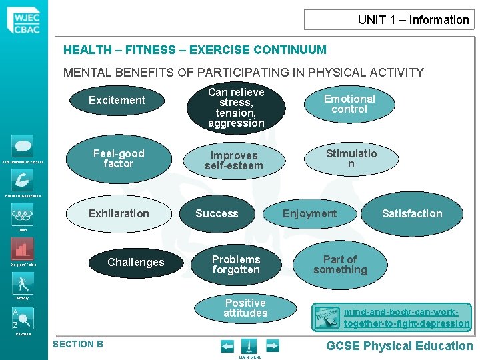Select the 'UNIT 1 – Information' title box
(x=389, y=19)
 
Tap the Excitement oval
(x=117, y=101)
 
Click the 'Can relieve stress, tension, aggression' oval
(x=236, y=107)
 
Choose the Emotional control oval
(x=349, y=104)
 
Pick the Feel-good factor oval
(x=119, y=159)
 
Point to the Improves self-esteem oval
(x=234, y=161)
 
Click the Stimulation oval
(x=351, y=159)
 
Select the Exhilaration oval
(x=119, y=214)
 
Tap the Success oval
(x=217, y=214)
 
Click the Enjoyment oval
(x=310, y=214)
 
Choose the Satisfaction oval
(x=412, y=214)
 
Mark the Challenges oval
(x=136, y=263)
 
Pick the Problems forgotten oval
(x=236, y=265)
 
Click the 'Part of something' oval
(x=340, y=265)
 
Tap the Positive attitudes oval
(x=245, y=308)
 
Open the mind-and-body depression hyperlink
(x=407, y=317)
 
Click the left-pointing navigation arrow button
(x=227, y=345)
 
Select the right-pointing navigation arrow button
(x=272, y=345)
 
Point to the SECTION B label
(x=78, y=344)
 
